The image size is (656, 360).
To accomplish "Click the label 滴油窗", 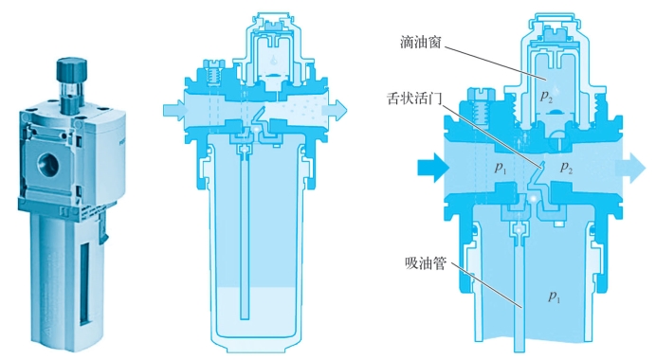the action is pyautogui.click(x=421, y=42).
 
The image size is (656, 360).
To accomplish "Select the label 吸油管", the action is pyautogui.click(x=426, y=263).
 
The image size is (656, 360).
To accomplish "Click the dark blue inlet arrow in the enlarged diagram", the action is pyautogui.click(x=433, y=168).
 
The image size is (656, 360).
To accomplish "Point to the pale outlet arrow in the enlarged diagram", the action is pyautogui.click(x=630, y=168).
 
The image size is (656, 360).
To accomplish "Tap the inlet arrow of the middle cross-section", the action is pyautogui.click(x=174, y=111).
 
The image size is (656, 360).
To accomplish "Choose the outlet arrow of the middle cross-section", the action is pyautogui.click(x=336, y=110).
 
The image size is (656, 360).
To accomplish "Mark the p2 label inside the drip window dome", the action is pyautogui.click(x=545, y=97).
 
